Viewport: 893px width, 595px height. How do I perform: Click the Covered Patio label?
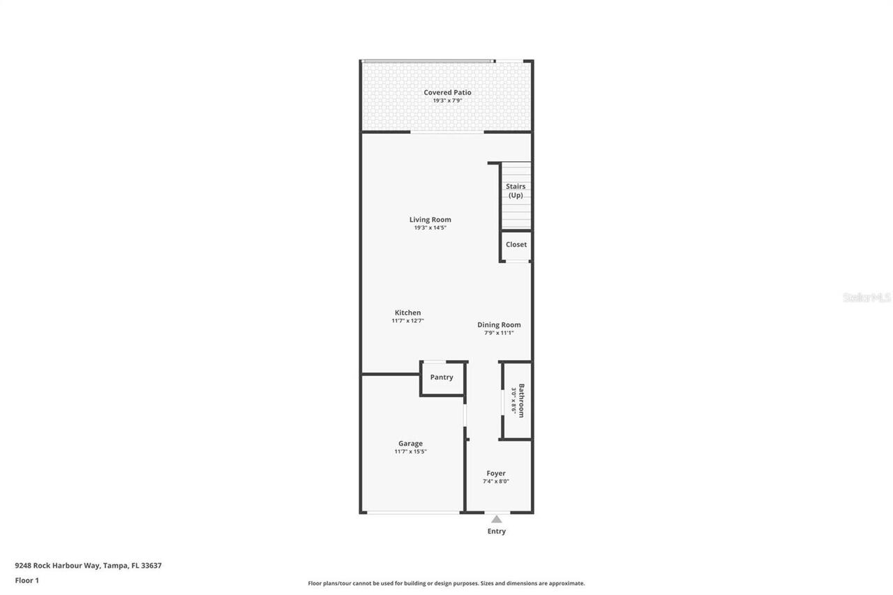point(447,92)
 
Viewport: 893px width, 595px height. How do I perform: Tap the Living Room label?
point(430,220)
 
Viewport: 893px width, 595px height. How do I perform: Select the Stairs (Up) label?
point(516,190)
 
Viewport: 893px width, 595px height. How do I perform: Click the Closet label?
point(516,245)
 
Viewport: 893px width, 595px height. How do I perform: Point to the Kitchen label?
point(407,312)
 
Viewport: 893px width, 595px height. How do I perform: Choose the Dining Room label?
point(499,324)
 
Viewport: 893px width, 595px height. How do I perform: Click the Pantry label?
point(442,377)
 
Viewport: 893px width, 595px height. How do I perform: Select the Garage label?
point(410,443)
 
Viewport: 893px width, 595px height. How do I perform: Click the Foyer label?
point(496,473)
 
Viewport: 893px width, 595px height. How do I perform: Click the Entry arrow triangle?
point(496,519)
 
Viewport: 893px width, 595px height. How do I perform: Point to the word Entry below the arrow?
point(496,532)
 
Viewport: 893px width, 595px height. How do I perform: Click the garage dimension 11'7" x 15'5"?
point(410,452)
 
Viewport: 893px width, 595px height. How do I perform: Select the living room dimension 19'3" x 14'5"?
point(430,228)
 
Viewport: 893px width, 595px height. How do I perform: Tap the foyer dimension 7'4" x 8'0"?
point(496,481)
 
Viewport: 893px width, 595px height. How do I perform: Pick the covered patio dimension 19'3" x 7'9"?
point(447,100)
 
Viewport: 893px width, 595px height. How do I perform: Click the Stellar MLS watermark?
point(866,297)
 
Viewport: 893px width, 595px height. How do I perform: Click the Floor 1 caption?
point(27,580)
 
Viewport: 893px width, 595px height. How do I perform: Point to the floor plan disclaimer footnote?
point(446,583)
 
